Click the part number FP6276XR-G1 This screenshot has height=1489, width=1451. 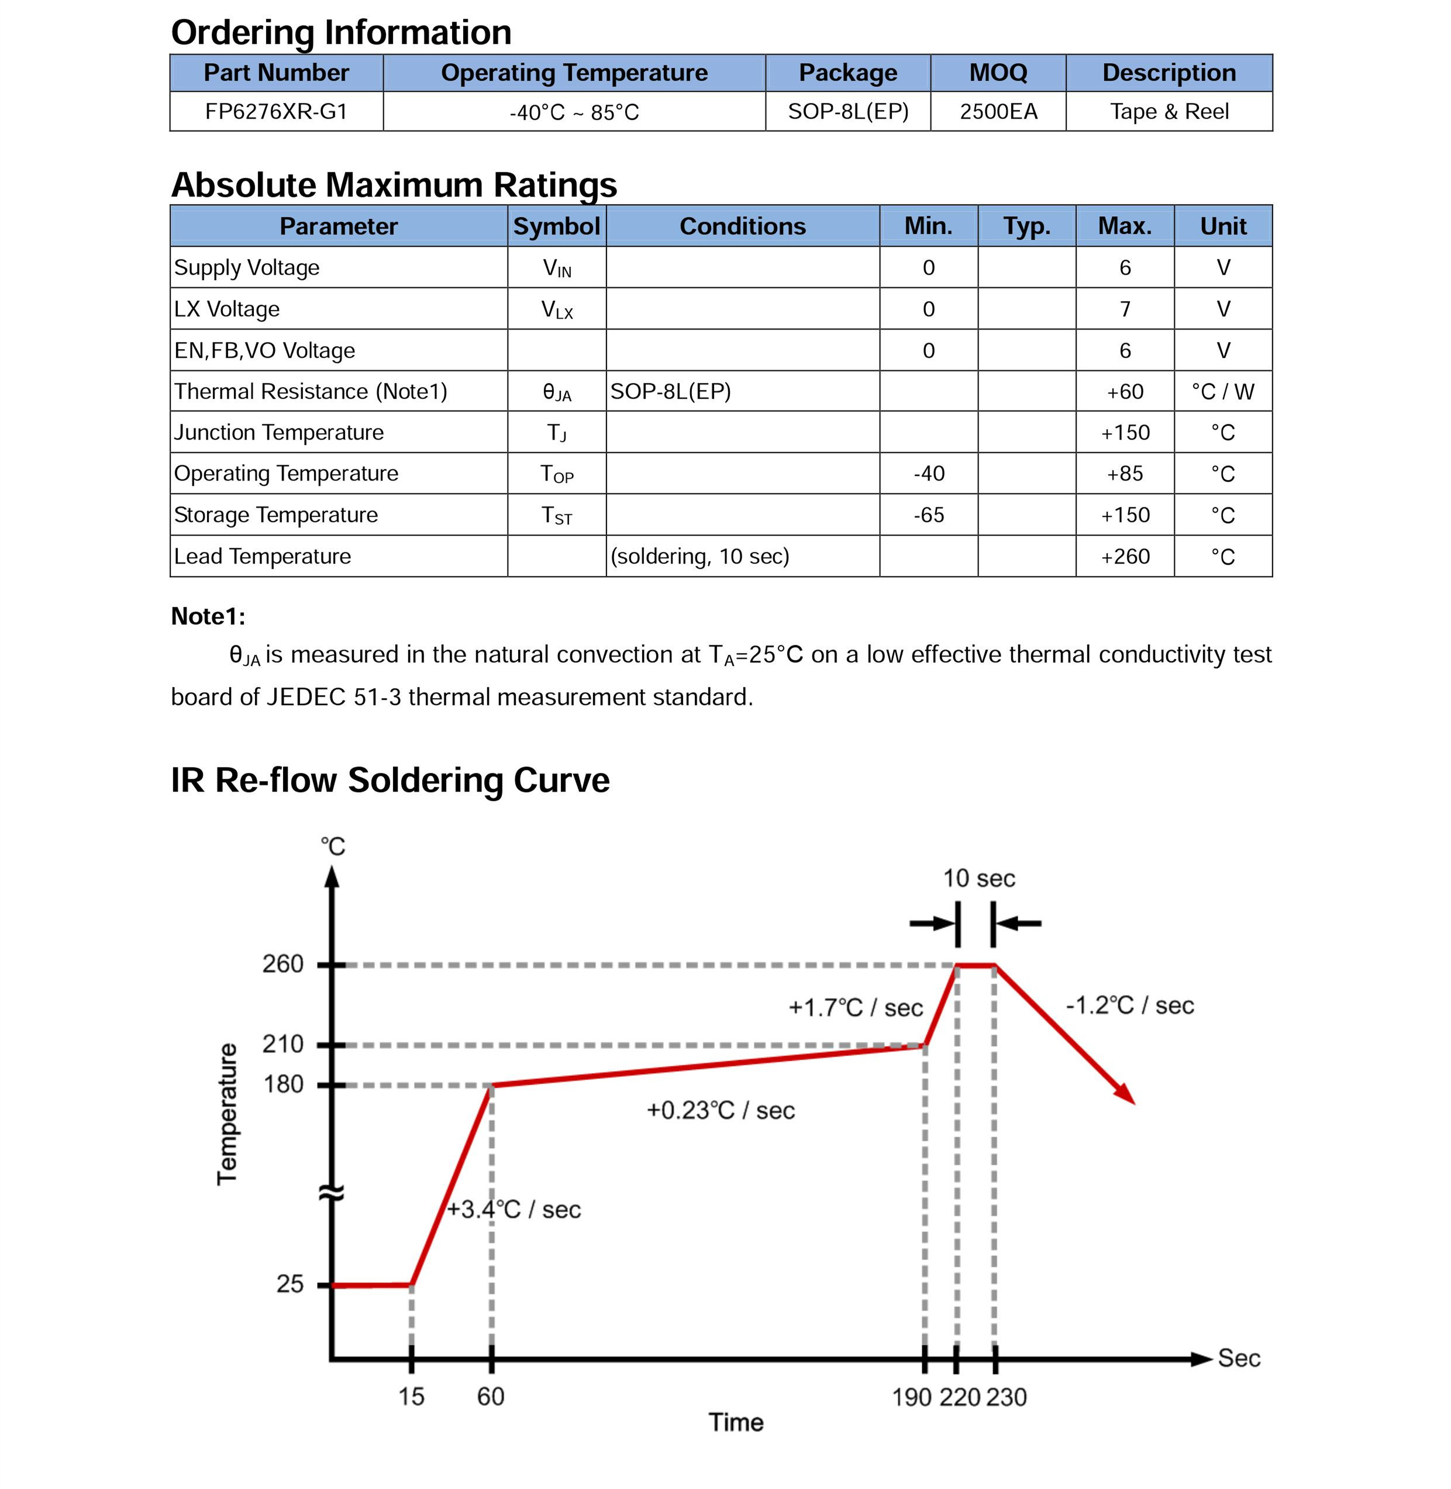[276, 112]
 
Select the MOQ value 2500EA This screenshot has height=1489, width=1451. [998, 112]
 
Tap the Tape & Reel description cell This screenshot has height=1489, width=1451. [1169, 112]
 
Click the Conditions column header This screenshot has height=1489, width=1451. [742, 226]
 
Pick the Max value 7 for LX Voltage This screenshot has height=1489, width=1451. [1125, 309]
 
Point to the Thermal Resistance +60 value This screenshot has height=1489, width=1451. [1125, 392]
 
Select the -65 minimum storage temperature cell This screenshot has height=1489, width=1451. [928, 515]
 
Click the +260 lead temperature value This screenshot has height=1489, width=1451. [1125, 557]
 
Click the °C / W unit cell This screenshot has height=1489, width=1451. [1222, 392]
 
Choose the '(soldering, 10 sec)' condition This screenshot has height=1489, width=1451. [699, 557]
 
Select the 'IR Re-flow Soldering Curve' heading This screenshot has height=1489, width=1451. [390, 780]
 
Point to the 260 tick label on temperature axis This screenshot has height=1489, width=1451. [282, 964]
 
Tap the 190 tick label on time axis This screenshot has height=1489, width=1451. [911, 1397]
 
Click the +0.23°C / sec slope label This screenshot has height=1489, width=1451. [720, 1111]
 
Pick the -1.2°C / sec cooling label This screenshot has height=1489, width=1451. [1129, 1006]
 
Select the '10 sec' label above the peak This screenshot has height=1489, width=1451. [978, 878]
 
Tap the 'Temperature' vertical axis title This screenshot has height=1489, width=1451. [227, 1114]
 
